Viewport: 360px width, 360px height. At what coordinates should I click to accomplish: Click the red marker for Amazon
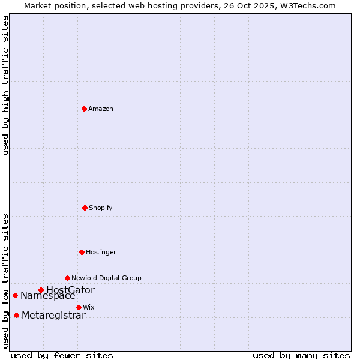click(x=84, y=109)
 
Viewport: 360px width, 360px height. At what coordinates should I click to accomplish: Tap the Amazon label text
click(x=101, y=109)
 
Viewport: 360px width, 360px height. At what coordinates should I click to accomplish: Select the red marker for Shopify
click(x=85, y=208)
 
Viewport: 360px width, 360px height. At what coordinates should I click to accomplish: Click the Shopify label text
click(x=100, y=208)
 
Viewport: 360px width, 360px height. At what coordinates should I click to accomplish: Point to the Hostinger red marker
click(x=82, y=252)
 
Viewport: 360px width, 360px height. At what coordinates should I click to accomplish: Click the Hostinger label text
click(x=101, y=253)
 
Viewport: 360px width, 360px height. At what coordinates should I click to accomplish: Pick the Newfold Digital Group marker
click(x=67, y=278)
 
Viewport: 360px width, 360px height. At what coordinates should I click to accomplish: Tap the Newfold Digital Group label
click(x=106, y=278)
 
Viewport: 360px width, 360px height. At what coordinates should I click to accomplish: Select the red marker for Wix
click(x=79, y=307)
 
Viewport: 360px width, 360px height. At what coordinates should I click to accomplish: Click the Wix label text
click(x=89, y=308)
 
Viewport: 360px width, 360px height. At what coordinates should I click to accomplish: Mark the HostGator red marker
click(x=41, y=290)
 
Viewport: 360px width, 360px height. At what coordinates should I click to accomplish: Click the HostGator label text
click(x=70, y=290)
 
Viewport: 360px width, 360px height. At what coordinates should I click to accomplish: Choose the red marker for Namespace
click(x=15, y=295)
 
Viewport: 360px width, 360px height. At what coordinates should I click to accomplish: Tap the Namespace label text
click(x=48, y=296)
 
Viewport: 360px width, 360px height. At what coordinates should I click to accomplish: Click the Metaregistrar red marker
click(x=16, y=316)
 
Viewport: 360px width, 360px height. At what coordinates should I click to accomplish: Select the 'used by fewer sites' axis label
click(x=62, y=355)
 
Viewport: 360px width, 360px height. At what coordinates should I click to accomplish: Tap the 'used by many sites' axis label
click(x=301, y=355)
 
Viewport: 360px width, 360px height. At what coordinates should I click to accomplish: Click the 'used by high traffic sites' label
click(x=6, y=86)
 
